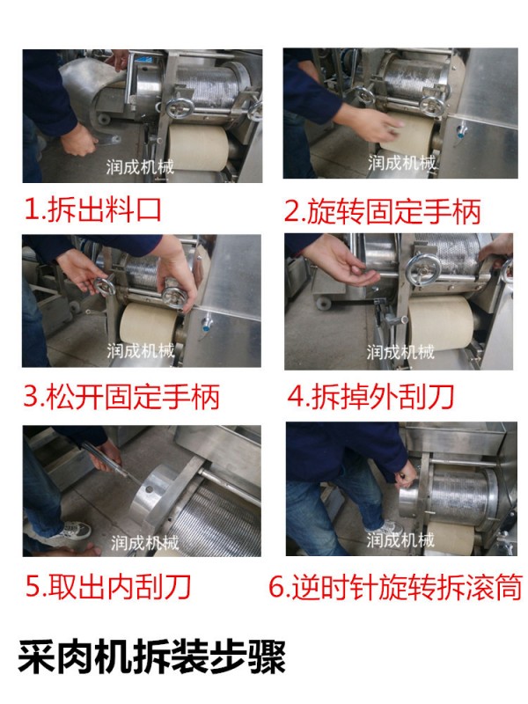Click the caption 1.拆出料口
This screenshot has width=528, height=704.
click(93, 209)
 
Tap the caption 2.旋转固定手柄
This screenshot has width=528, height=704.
click(383, 211)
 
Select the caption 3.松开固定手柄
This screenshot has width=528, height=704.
click(121, 397)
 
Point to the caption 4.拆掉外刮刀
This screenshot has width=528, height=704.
click(370, 397)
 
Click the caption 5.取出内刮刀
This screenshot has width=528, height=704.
click(108, 586)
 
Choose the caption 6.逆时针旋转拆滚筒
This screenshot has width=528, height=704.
click(395, 586)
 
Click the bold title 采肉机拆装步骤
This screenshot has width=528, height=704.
click(151, 656)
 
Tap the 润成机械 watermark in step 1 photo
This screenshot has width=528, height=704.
click(140, 167)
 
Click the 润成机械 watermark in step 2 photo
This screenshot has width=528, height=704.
click(401, 162)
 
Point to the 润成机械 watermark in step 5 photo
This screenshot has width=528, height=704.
click(145, 543)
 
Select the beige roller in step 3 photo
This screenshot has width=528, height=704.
click(149, 324)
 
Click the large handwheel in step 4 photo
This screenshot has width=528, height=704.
click(423, 271)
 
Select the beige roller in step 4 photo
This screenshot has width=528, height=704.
click(438, 324)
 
